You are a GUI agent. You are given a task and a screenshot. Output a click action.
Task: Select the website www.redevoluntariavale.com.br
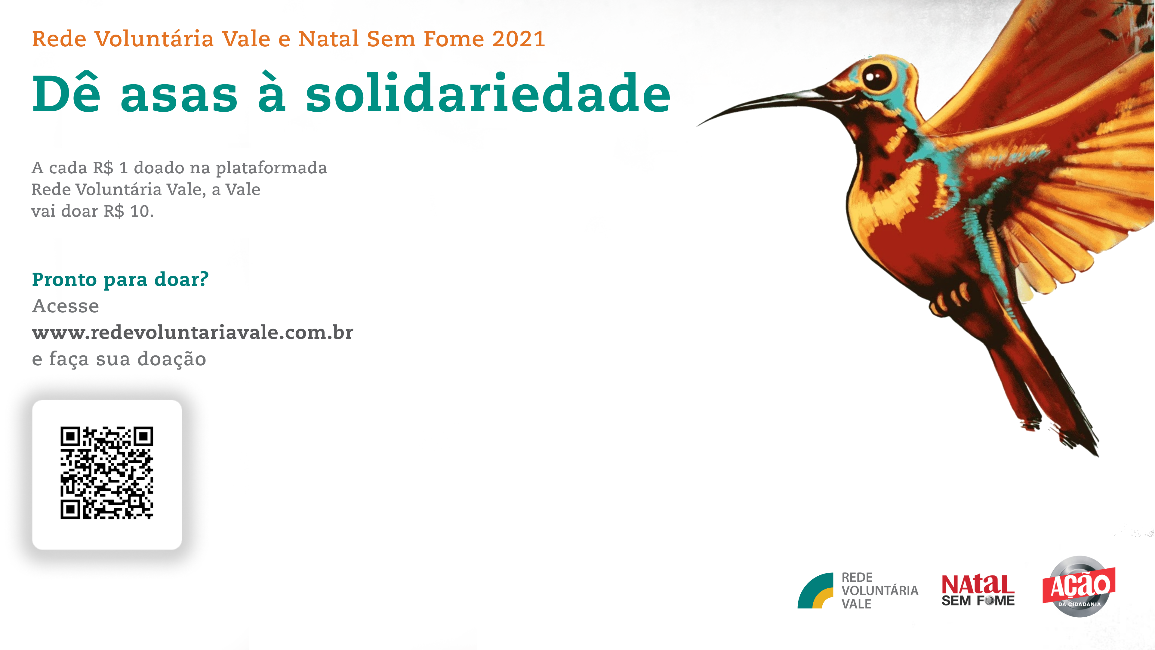point(192,333)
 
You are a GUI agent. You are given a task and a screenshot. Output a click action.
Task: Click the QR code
point(107,473)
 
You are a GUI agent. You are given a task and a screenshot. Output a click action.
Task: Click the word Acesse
point(66,306)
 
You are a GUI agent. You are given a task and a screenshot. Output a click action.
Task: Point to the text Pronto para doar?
point(120,280)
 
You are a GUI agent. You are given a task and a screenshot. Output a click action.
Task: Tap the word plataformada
point(271,168)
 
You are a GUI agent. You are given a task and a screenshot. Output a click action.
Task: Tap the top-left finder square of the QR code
point(70,436)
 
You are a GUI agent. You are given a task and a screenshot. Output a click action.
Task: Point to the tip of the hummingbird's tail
point(1097,455)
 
